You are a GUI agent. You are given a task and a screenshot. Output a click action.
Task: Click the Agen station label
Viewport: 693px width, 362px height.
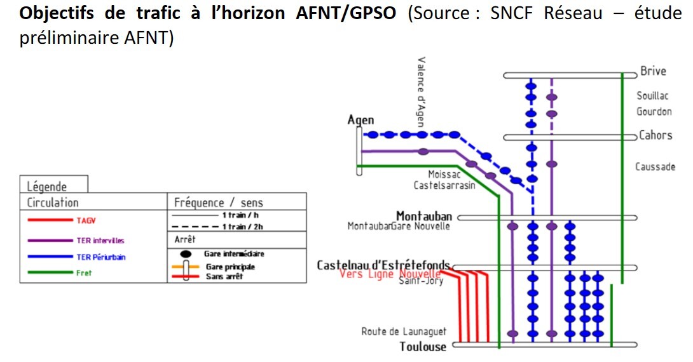pyautogui.click(x=361, y=120)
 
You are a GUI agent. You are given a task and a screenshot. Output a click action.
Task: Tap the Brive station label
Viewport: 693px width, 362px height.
pyautogui.click(x=653, y=71)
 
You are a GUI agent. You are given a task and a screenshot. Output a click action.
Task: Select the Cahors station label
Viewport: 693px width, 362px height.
pyautogui.click(x=655, y=135)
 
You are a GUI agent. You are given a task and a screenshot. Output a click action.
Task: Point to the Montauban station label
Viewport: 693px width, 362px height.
pyautogui.click(x=424, y=216)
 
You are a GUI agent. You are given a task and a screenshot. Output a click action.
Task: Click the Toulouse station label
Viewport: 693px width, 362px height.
pyautogui.click(x=423, y=346)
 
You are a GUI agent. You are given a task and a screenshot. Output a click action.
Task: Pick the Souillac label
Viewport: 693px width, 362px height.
pyautogui.click(x=652, y=96)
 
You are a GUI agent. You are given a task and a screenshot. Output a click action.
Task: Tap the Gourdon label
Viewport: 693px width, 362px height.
pyautogui.click(x=654, y=112)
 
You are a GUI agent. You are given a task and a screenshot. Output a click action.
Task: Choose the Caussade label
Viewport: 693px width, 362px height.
pyautogui.click(x=655, y=167)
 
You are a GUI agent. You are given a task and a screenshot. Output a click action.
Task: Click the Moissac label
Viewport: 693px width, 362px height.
pyautogui.click(x=444, y=174)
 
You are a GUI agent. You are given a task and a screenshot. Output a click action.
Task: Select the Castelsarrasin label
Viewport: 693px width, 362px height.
pyautogui.click(x=444, y=185)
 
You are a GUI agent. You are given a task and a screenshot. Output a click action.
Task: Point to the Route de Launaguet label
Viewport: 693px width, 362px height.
pyautogui.click(x=404, y=332)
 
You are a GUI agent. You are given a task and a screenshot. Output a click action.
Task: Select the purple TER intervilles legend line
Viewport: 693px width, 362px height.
pyautogui.click(x=49, y=241)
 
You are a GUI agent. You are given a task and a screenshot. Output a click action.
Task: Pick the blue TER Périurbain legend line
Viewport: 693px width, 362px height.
pyautogui.click(x=49, y=257)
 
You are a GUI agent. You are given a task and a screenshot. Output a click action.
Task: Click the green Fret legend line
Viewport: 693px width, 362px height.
pyautogui.click(x=49, y=272)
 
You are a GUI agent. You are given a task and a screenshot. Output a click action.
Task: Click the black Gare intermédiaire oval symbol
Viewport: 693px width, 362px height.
pyautogui.click(x=186, y=254)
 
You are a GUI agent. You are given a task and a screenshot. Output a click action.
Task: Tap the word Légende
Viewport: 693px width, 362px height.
pyautogui.click(x=47, y=187)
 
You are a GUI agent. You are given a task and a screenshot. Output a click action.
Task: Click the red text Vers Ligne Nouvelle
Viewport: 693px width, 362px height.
pyautogui.click(x=390, y=274)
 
